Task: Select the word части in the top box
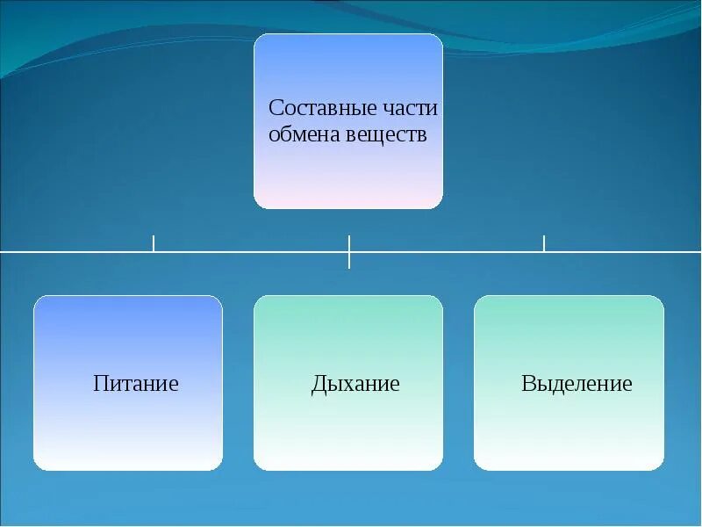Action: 410,109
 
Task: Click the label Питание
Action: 136,384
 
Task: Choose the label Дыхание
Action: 355,384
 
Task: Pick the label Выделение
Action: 577,384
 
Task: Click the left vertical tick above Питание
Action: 154,243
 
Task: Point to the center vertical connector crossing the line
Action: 349,251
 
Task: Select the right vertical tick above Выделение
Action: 544,243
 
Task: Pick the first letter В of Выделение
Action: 528,384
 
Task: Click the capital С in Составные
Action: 275,109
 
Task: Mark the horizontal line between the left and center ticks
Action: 251,252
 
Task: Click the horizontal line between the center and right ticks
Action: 447,252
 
